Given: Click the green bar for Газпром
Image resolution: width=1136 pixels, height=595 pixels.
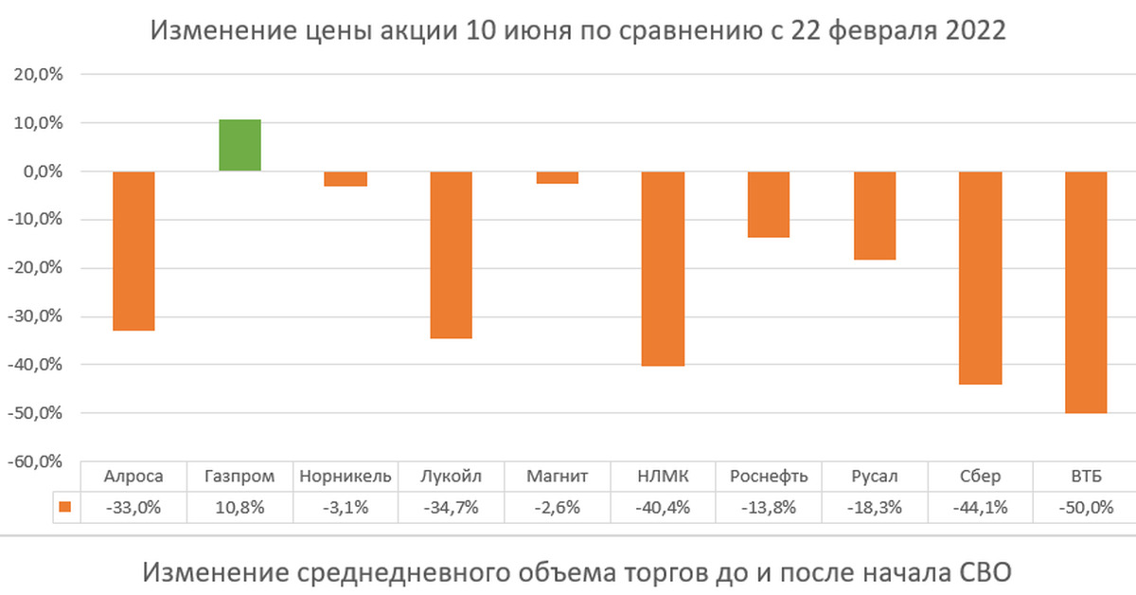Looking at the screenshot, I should (x=240, y=145).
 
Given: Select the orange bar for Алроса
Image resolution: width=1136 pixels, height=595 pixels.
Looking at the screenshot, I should (x=133, y=251).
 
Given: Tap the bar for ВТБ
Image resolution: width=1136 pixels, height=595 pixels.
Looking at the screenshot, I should (x=1086, y=292).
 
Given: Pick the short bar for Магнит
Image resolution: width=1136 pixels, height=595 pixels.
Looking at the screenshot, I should (x=558, y=177).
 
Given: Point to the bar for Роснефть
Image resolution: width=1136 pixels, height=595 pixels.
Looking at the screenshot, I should (x=769, y=205).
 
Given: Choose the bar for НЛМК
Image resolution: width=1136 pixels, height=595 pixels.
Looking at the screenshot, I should (x=663, y=268).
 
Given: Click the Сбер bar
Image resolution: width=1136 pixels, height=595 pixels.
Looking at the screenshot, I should (x=981, y=278).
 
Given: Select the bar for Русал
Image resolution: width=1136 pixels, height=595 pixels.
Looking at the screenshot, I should (x=875, y=215).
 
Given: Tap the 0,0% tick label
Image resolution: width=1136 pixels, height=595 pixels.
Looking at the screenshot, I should (x=38, y=171).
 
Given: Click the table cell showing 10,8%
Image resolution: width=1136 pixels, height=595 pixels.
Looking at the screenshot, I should (x=240, y=507).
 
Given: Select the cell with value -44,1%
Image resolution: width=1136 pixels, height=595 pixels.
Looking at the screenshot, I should (x=981, y=507).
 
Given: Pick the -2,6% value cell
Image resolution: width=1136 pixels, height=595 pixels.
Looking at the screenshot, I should (x=558, y=507).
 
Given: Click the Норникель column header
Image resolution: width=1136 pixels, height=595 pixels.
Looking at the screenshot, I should (x=346, y=477).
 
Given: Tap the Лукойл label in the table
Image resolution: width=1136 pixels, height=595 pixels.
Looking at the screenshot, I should (x=452, y=477).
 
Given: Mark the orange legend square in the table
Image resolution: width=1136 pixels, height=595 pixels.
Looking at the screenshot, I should (x=64, y=507).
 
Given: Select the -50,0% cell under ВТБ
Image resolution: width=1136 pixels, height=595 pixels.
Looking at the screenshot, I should (x=1086, y=507).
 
